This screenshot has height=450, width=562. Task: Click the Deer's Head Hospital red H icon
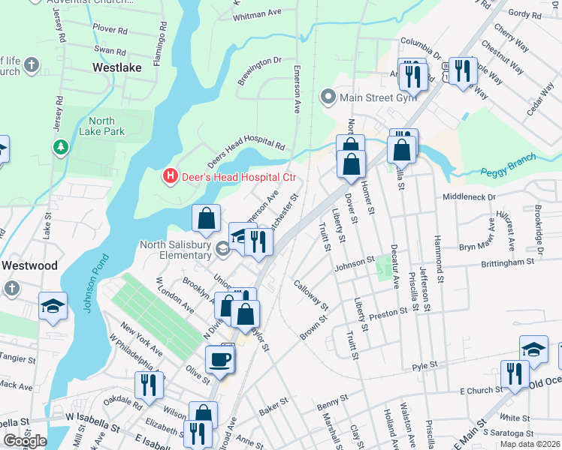(171, 176)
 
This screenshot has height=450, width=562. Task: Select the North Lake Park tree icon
(59, 146)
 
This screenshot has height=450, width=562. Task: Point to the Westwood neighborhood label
(29, 265)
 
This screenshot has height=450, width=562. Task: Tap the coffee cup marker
(219, 359)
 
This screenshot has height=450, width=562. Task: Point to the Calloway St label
(311, 295)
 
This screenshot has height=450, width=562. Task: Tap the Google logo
(25, 441)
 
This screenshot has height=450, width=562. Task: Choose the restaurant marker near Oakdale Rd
(148, 385)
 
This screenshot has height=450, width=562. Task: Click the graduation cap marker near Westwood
(53, 305)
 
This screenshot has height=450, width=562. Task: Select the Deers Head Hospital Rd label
(246, 150)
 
